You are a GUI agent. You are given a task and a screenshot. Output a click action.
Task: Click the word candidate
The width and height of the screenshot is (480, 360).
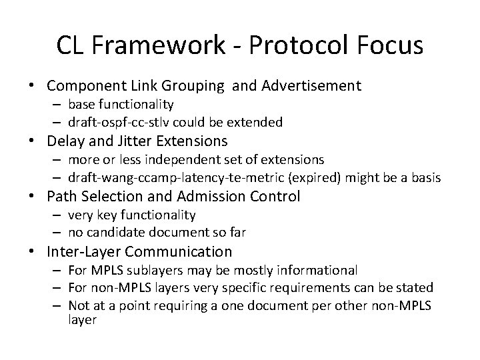(118, 233)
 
